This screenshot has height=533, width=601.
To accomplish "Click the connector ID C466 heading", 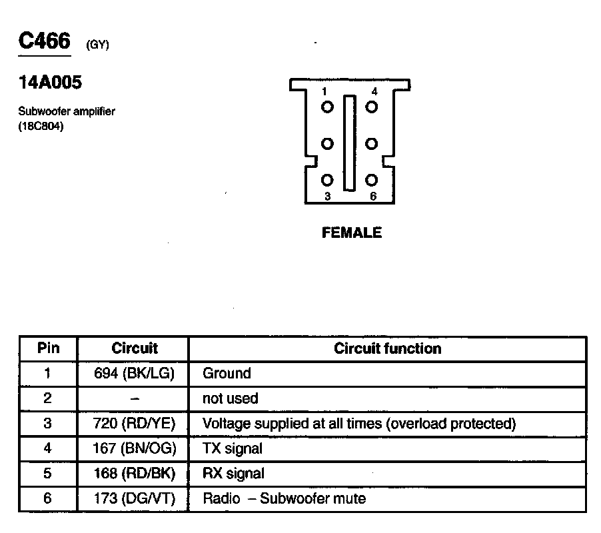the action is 44,42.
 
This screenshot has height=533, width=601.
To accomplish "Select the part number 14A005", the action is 51,83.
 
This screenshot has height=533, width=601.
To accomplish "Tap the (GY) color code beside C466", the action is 97,45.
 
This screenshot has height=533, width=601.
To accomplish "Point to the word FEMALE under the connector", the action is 352,233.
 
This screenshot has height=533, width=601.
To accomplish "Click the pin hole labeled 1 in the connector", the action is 327,107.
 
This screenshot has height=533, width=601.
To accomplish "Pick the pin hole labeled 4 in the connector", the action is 372,107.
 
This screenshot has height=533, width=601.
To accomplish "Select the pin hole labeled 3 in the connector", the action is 327,181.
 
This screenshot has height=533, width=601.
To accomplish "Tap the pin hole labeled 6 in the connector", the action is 372,181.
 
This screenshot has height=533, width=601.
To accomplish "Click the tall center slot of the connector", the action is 349,143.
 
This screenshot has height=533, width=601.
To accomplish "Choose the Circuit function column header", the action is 387,348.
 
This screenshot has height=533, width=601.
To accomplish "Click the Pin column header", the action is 48,348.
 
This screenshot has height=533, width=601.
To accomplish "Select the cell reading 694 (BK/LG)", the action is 134,374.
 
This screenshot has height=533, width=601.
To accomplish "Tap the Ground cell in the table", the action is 227,374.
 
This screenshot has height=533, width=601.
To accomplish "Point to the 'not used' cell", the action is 230,398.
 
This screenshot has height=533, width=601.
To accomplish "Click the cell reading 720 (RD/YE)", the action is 134,424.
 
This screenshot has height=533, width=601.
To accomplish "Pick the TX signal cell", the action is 232,448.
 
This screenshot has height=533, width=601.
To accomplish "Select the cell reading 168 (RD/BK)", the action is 134,474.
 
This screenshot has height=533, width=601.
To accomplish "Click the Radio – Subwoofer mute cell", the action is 284,498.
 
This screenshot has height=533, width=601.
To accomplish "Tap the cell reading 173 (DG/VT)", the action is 134,498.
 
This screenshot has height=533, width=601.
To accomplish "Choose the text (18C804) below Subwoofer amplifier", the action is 41,126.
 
